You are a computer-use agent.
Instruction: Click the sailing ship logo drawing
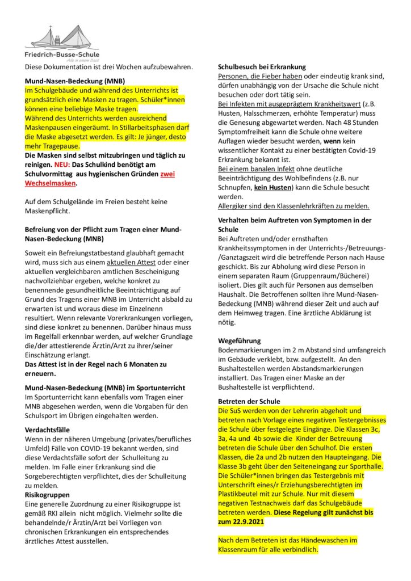point(62,37)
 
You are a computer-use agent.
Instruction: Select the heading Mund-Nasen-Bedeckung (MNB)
point(74,81)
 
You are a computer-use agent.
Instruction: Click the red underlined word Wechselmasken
point(50,183)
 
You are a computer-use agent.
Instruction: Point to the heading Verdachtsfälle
point(48,430)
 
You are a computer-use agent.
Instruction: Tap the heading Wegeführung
point(240,341)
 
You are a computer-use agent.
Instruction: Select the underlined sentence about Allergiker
point(293,205)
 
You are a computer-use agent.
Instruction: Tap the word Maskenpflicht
point(50,211)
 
